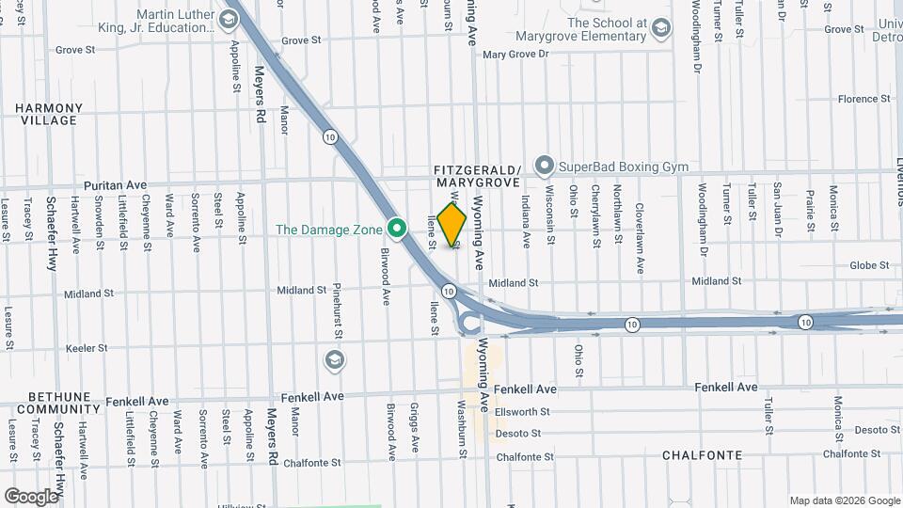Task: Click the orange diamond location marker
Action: click(x=452, y=225)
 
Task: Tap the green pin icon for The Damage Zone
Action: click(x=397, y=229)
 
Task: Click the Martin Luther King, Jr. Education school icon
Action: click(x=228, y=19)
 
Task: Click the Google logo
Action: click(x=31, y=497)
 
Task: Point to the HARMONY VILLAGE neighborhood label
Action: click(x=46, y=115)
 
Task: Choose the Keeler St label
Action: click(x=87, y=348)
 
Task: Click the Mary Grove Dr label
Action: click(x=515, y=55)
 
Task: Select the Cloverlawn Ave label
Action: click(x=640, y=239)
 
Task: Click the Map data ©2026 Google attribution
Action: click(x=844, y=500)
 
